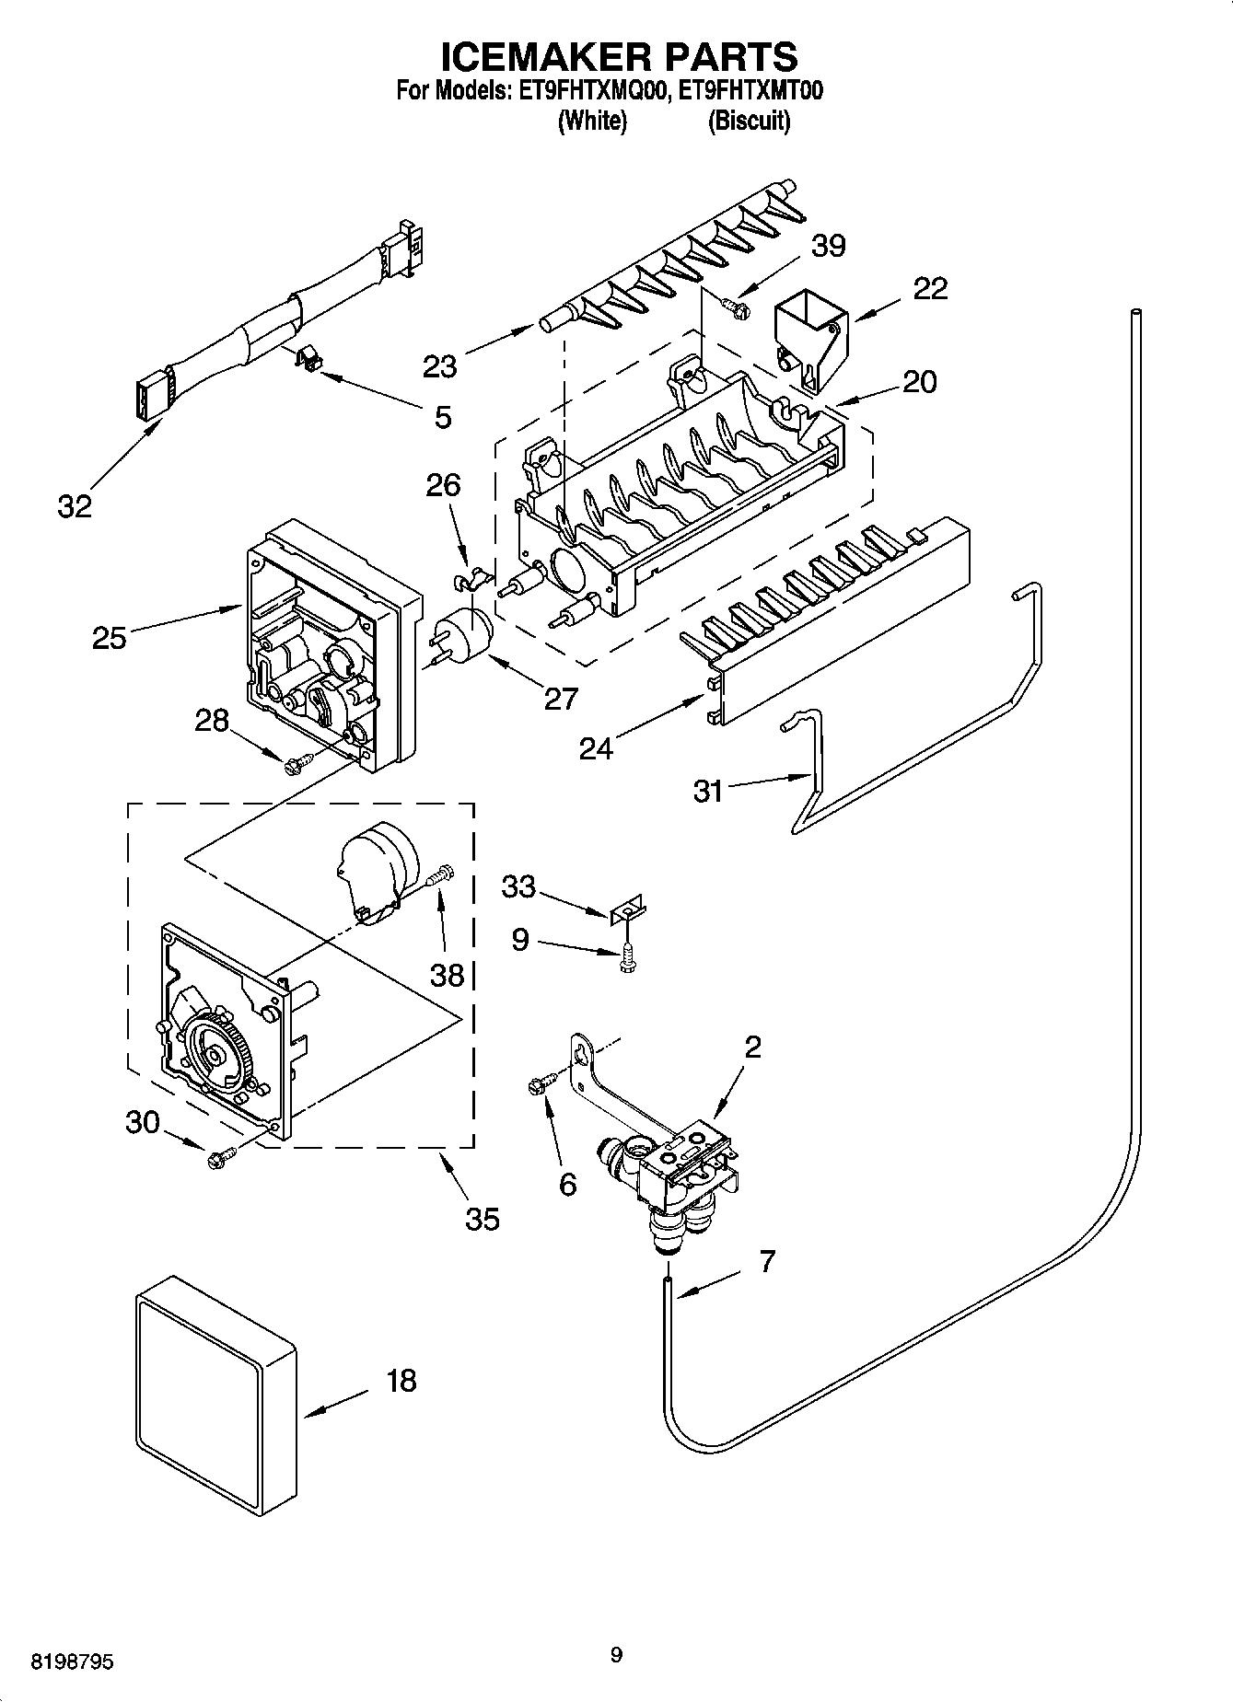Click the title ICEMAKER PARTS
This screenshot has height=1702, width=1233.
click(619, 57)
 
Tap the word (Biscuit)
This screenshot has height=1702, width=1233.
click(748, 121)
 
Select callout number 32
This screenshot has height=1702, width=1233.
click(76, 505)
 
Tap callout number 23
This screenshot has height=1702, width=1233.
click(440, 366)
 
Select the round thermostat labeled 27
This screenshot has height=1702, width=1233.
click(464, 634)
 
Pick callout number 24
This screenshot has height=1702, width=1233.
click(596, 748)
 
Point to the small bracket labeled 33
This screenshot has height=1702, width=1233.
click(629, 911)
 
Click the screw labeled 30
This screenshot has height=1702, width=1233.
click(221, 1159)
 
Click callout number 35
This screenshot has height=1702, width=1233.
click(482, 1219)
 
